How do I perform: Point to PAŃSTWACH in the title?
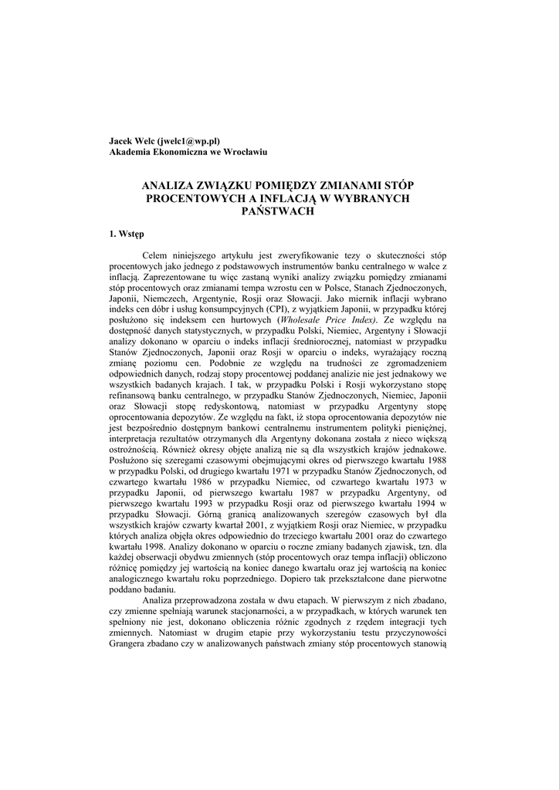click(x=279, y=211)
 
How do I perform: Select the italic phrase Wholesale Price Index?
click(x=320, y=319)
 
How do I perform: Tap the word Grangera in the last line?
click(x=131, y=643)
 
